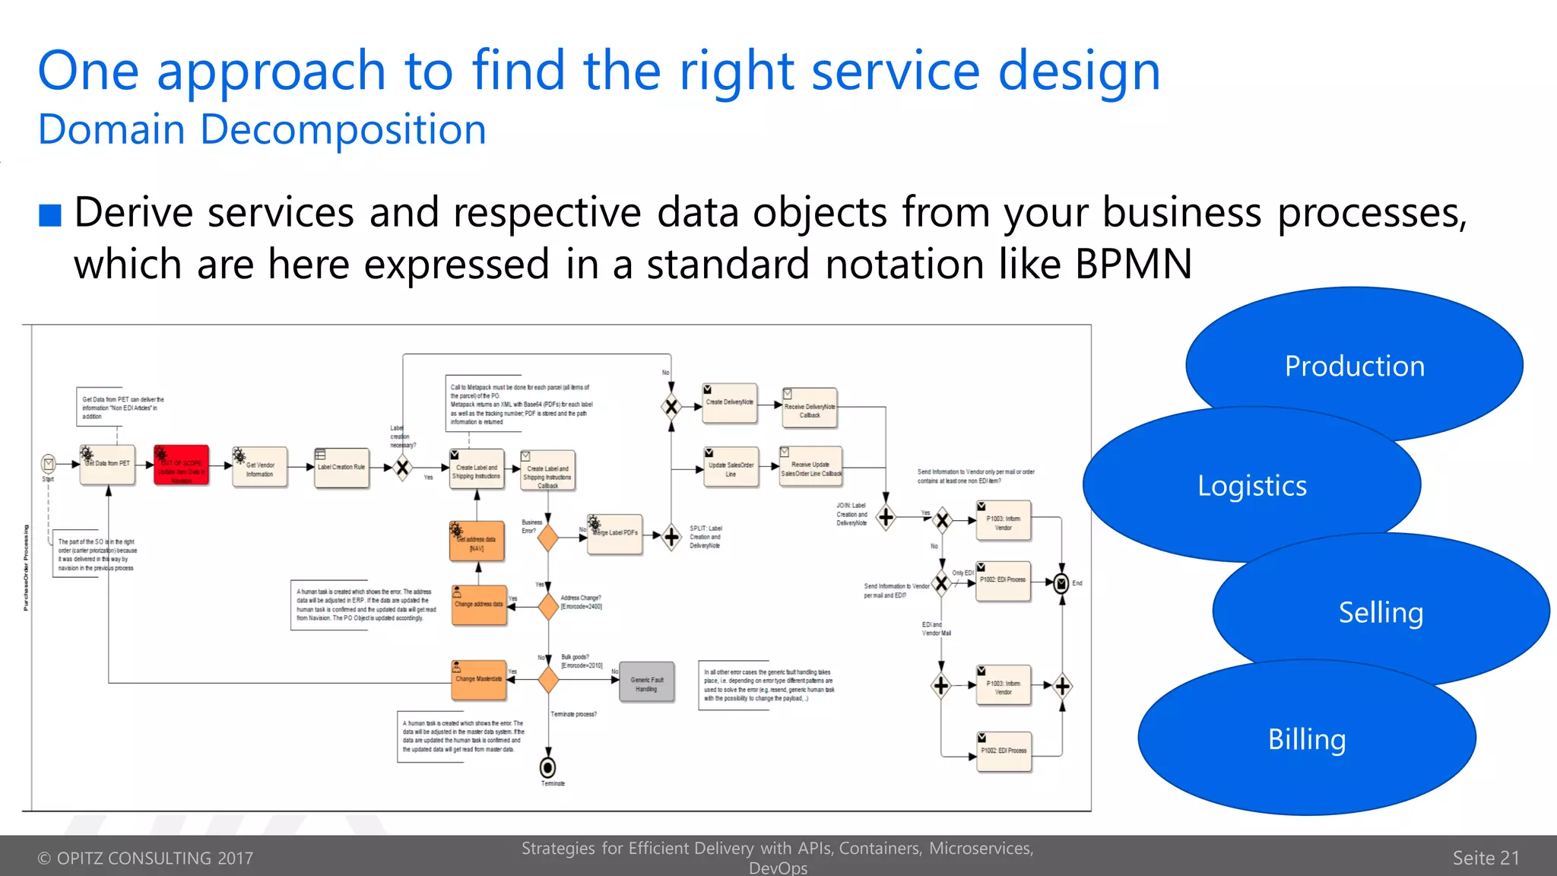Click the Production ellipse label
(x=1354, y=366)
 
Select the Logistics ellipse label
(x=1251, y=485)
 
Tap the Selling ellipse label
(x=1380, y=612)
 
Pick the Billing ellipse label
(x=1306, y=739)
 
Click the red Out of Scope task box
(x=181, y=465)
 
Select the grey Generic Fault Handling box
(x=646, y=682)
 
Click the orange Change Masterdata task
(x=478, y=680)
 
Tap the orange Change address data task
(x=478, y=605)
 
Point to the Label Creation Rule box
(x=341, y=468)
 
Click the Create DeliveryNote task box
(x=730, y=403)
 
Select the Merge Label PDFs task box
(x=614, y=534)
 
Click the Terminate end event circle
(x=547, y=767)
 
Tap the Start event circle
(x=49, y=463)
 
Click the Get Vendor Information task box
(x=260, y=468)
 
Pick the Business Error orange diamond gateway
(x=547, y=538)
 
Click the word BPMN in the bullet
(x=1133, y=265)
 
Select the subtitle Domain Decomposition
(x=262, y=129)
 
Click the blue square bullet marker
(x=50, y=215)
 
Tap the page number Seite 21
(x=1485, y=858)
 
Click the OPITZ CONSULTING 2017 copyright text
(x=145, y=858)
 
